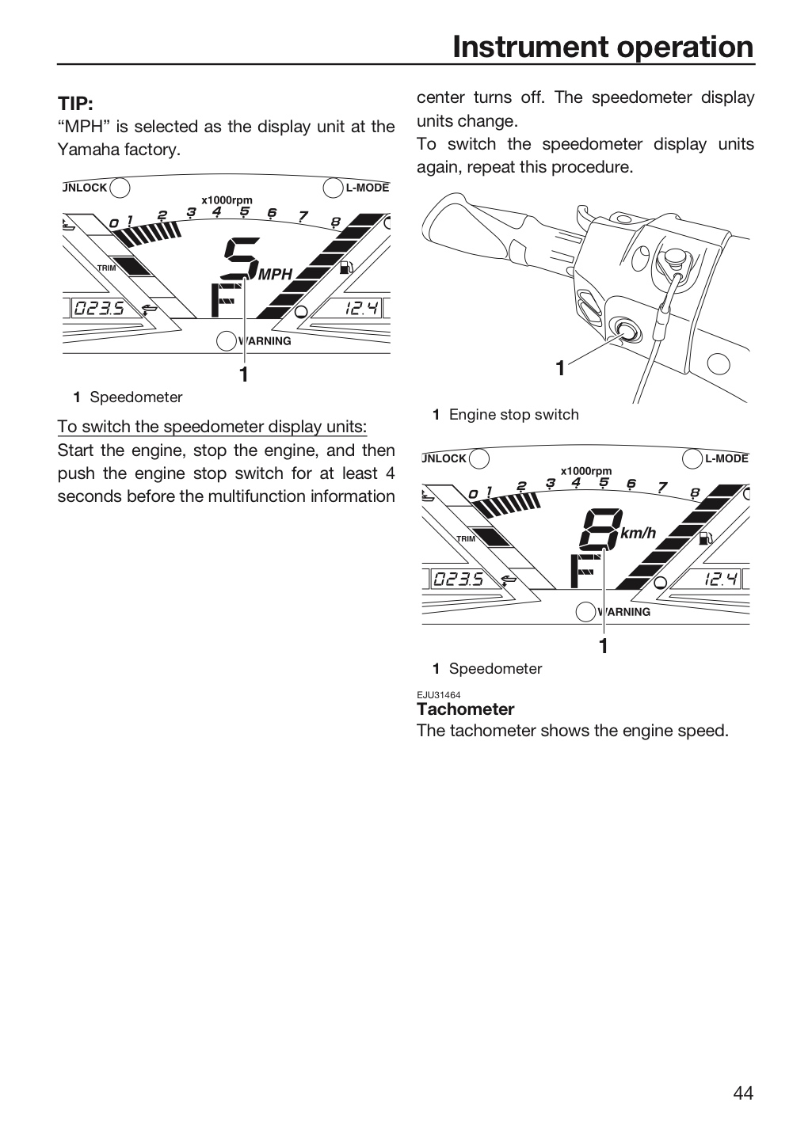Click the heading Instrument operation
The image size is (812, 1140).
(x=603, y=47)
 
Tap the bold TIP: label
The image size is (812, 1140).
(x=75, y=103)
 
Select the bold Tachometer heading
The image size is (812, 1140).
(x=466, y=709)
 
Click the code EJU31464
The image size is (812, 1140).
(x=439, y=695)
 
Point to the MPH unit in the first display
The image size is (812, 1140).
(x=276, y=274)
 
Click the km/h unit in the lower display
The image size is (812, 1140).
(x=639, y=533)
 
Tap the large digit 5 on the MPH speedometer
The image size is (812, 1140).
(x=242, y=257)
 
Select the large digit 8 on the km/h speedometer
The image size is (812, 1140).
(x=601, y=529)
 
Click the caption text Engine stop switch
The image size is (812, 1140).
(x=514, y=414)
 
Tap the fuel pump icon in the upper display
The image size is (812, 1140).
(x=346, y=268)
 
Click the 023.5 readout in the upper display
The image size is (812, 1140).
(x=99, y=308)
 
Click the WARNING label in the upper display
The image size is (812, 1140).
(x=265, y=341)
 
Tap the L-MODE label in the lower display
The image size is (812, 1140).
(x=727, y=458)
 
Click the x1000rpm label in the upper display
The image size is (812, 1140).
(x=227, y=200)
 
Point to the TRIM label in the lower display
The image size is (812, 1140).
(x=466, y=538)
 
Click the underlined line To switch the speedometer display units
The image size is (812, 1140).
(x=212, y=427)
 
